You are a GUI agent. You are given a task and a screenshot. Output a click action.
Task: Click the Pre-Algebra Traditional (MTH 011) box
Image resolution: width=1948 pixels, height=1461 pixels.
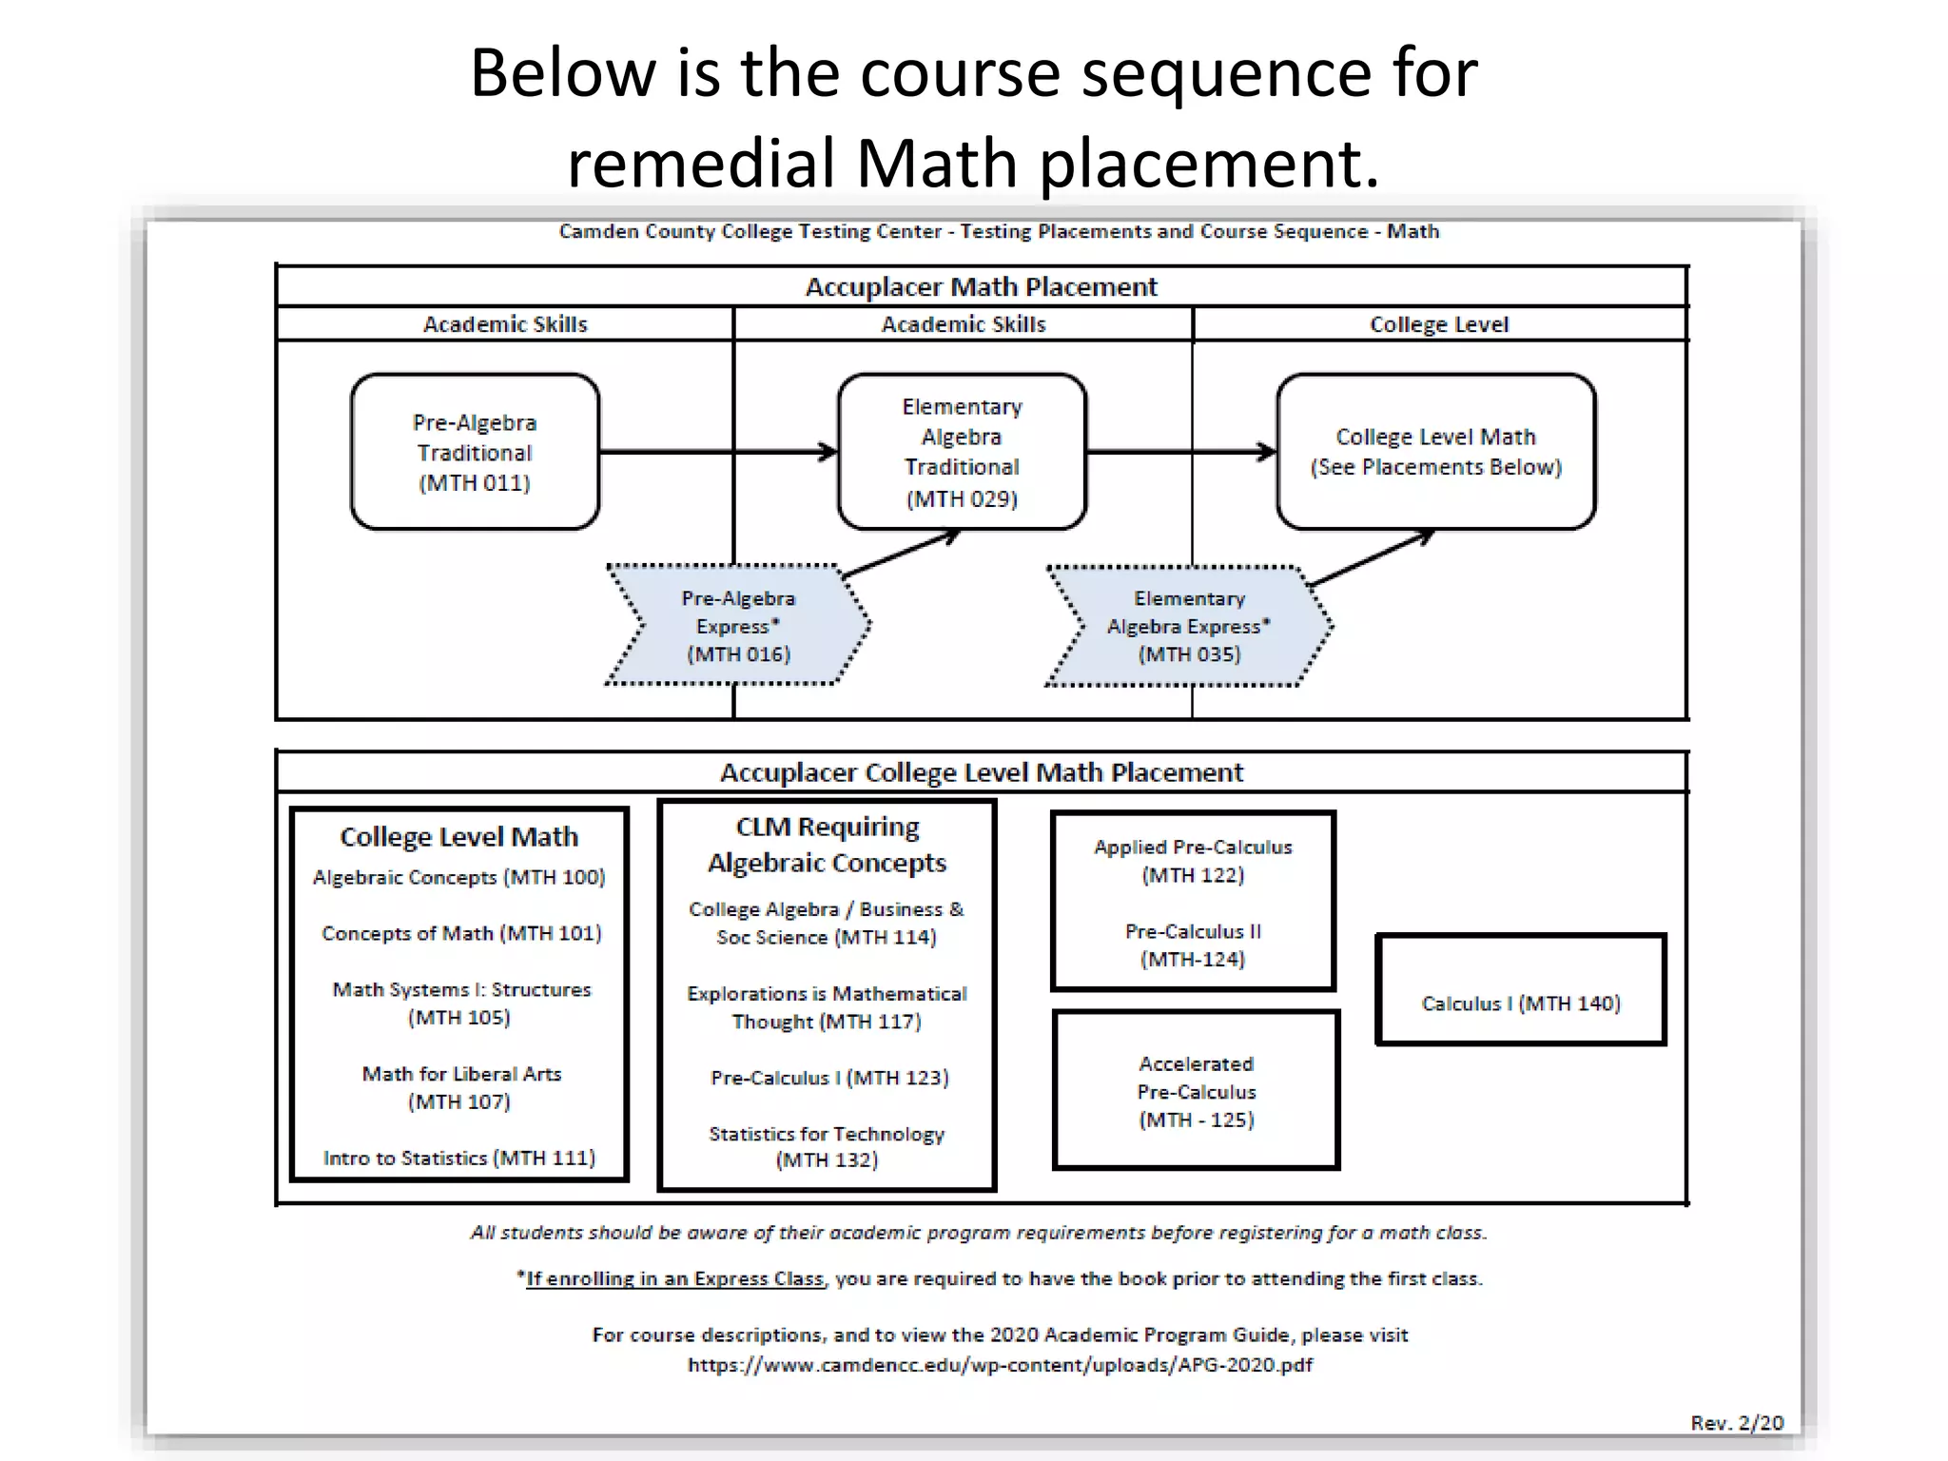[x=475, y=452]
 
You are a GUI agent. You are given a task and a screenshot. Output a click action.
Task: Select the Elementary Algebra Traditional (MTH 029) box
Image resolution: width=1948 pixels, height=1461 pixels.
[x=962, y=452]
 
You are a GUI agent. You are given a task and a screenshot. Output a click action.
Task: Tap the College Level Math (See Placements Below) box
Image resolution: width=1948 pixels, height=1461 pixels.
[x=1436, y=452]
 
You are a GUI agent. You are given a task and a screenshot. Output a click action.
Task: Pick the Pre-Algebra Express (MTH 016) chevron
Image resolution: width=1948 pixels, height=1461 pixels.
[x=738, y=626]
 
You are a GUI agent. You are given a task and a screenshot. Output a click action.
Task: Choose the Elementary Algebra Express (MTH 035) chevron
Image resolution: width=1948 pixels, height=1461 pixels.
[x=1189, y=626]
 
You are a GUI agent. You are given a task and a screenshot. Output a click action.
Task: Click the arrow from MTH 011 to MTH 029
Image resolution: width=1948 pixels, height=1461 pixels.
[x=717, y=452]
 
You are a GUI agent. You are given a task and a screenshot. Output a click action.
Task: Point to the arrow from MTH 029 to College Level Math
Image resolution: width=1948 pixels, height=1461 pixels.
[x=1179, y=452]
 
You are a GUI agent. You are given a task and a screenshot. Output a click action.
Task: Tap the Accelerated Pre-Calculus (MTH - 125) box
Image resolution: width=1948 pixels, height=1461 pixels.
[x=1197, y=1091]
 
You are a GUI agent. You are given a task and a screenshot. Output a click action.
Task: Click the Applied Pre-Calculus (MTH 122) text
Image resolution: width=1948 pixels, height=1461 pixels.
[x=1193, y=861]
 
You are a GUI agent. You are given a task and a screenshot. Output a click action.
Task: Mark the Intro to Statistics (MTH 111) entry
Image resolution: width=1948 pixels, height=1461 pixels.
[x=459, y=1158]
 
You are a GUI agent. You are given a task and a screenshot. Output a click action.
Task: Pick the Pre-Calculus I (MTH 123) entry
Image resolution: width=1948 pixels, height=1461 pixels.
[x=829, y=1078]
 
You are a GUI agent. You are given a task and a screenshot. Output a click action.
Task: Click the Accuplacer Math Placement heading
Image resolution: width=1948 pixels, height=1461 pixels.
[x=981, y=286]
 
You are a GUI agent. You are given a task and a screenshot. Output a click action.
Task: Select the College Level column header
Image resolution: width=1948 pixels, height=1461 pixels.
[x=1438, y=324]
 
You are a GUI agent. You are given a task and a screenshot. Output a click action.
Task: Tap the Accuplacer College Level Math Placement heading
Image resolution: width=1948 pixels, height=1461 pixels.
[x=981, y=772]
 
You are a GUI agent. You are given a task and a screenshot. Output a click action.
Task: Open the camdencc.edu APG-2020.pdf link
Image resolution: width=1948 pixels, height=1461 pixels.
[x=1000, y=1365]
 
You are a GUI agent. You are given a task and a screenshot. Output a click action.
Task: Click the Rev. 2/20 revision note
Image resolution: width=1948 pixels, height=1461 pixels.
[x=1737, y=1422]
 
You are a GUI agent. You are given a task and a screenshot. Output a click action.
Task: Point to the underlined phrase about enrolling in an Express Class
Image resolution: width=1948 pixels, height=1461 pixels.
[x=674, y=1279]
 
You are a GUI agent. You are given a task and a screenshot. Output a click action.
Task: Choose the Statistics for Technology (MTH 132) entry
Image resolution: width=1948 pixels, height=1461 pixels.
[x=827, y=1146]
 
